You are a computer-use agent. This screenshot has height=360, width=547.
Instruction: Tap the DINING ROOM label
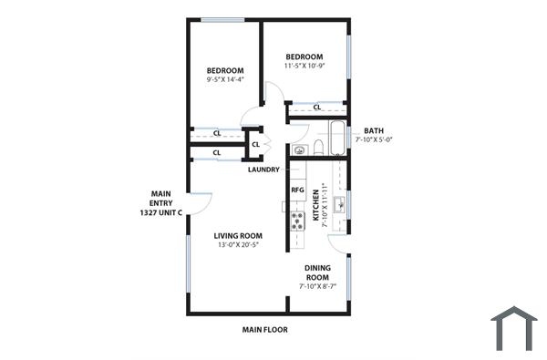pos(317,273)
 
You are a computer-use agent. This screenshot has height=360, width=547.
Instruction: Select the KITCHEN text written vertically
pos(316,205)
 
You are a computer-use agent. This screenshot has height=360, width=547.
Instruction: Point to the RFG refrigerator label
pos(297,190)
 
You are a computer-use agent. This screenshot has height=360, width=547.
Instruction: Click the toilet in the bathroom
pos(318,147)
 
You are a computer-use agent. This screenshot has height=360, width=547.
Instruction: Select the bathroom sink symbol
pos(298,149)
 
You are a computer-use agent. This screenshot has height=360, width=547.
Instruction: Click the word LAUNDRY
pos(263,170)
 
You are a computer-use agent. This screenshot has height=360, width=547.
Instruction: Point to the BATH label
pos(374,130)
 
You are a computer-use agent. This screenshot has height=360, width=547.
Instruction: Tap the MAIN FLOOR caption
pos(264,330)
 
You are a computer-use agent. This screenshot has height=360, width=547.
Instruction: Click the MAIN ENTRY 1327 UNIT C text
pos(160,202)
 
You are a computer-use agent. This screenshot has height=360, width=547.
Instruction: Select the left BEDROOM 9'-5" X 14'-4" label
pos(224,75)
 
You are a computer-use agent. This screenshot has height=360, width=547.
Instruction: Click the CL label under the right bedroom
pos(316,108)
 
